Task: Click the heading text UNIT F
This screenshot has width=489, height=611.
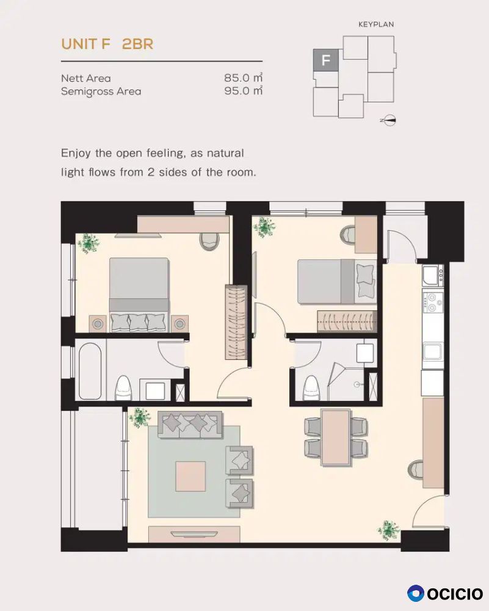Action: pyautogui.click(x=85, y=43)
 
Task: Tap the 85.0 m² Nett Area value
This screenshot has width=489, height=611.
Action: pyautogui.click(x=244, y=78)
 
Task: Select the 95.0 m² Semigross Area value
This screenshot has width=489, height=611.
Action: pyautogui.click(x=244, y=91)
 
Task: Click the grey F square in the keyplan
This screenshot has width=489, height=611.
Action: pyautogui.click(x=326, y=60)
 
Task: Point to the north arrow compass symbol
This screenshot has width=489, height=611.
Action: pyautogui.click(x=388, y=120)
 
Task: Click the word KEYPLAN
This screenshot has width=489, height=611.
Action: pyautogui.click(x=376, y=24)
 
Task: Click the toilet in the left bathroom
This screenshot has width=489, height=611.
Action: pyautogui.click(x=123, y=388)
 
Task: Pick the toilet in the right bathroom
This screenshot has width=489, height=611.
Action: pyautogui.click(x=311, y=388)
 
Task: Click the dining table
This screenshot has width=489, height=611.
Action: pyautogui.click(x=335, y=437)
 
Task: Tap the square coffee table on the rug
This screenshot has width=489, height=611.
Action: pyautogui.click(x=190, y=476)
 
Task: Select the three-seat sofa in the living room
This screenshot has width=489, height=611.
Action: pyautogui.click(x=190, y=425)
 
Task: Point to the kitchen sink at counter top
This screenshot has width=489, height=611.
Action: pyautogui.click(x=432, y=275)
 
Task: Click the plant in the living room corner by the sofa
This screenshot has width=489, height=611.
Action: pyautogui.click(x=140, y=418)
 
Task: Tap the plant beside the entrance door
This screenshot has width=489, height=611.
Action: pyautogui.click(x=388, y=530)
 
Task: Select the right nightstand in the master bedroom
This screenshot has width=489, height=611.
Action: pyautogui.click(x=179, y=323)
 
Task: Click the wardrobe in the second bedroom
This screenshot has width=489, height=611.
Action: pyautogui.click(x=347, y=321)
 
